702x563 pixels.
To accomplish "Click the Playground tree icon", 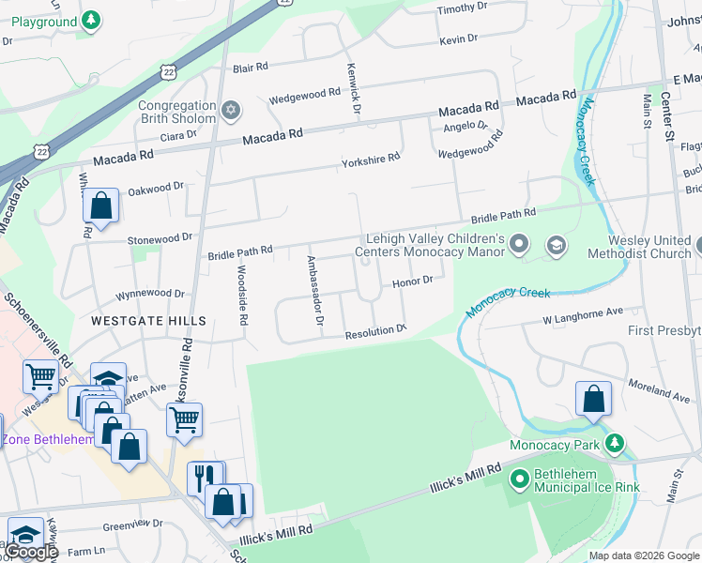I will click(x=90, y=20).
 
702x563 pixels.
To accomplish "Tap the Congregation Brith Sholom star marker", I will click(x=231, y=112).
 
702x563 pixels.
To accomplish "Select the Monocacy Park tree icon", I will click(x=615, y=443).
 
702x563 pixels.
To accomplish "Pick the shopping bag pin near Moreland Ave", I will click(x=593, y=399).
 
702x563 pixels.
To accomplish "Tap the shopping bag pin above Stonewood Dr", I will click(x=100, y=206).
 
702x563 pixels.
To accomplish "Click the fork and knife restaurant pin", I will click(x=204, y=479).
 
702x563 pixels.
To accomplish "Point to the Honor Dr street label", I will click(x=412, y=281).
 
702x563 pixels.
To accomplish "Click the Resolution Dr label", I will click(x=374, y=332).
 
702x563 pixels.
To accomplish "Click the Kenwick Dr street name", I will click(x=353, y=89).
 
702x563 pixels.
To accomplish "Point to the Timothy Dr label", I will click(x=463, y=8).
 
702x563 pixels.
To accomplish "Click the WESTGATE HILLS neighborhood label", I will click(x=148, y=321).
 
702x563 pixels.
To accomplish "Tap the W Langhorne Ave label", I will click(x=583, y=315).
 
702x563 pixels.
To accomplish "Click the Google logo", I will click(x=30, y=552).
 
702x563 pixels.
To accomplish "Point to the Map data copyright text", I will click(x=643, y=555).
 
